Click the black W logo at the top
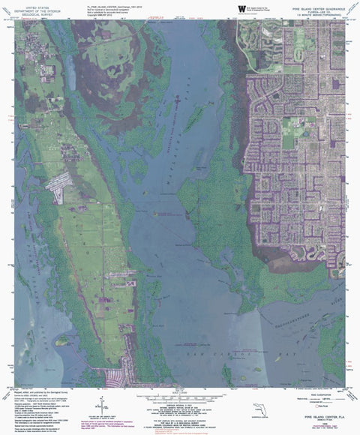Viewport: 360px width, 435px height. [x=241, y=9]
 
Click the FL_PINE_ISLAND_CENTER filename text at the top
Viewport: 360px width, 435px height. [x=112, y=4]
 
